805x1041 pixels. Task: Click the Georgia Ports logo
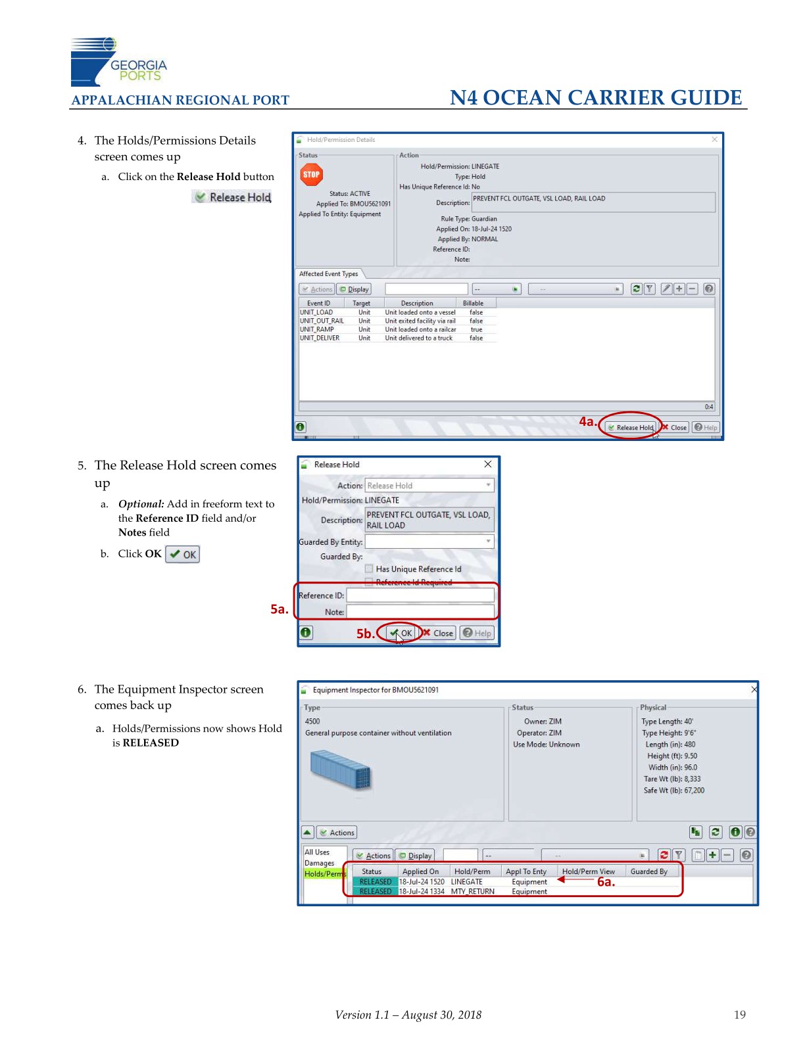[x=118, y=62]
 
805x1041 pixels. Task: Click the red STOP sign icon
[x=311, y=174]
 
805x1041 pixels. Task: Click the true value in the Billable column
[x=476, y=330]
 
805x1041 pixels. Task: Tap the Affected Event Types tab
[x=328, y=273]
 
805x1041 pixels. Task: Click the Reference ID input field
[x=420, y=595]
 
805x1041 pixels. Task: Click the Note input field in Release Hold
[x=420, y=611]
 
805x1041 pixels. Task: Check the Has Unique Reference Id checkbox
[x=369, y=568]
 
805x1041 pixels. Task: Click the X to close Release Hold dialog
[x=487, y=464]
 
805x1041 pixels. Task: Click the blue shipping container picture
[x=341, y=769]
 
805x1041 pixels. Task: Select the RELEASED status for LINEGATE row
[x=376, y=881]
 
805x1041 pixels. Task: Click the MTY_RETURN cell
[x=472, y=891]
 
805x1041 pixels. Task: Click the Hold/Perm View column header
[x=588, y=871]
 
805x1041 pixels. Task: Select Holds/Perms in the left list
[x=325, y=874]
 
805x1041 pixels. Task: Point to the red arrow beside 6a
[x=575, y=879]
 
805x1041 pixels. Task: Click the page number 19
[x=739, y=1015]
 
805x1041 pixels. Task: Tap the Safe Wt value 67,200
[x=695, y=791]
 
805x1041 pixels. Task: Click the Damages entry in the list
[x=320, y=863]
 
